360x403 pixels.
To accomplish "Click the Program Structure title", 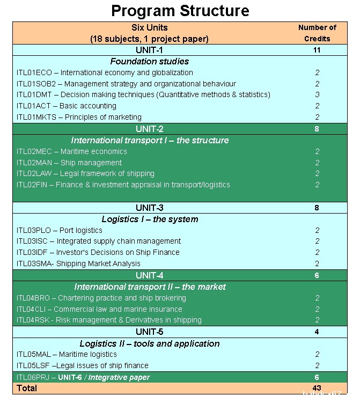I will point(180,11).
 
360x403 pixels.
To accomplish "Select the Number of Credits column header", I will point(317,33).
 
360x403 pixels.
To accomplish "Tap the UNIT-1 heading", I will point(150,50).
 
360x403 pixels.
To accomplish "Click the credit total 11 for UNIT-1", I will point(317,50).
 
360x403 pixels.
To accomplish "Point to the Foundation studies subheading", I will point(150,61).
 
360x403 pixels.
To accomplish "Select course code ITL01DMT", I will point(34,95).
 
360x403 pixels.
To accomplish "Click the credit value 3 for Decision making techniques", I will point(317,95).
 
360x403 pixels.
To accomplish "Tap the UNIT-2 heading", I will point(150,129).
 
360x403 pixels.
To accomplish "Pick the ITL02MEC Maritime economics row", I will point(72,151).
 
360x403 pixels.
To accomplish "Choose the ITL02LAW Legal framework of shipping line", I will point(85,173).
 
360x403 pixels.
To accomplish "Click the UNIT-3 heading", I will point(150,208).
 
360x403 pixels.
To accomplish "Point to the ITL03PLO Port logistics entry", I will point(60,230).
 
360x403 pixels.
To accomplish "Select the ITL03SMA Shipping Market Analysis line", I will point(78,263).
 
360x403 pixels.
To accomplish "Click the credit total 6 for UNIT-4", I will point(317,275).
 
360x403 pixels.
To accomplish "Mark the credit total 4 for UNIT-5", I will point(317,332).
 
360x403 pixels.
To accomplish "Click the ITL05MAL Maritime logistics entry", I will point(67,354).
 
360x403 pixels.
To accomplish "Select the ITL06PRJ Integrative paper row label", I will point(83,377).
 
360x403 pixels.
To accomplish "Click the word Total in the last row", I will point(27,387).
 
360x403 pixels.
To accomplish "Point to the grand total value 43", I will point(317,387).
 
